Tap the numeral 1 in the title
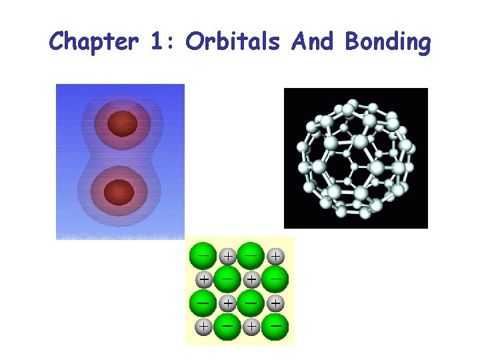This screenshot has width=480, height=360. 157,43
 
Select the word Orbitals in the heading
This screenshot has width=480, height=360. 233,41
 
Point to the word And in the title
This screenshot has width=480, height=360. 313,41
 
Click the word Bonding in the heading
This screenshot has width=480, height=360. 389,43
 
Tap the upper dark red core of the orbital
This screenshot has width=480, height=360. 123,123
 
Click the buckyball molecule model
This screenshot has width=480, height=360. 355,158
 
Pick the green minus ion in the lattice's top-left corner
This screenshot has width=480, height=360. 203,255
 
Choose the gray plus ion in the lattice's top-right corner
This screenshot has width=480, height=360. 275,255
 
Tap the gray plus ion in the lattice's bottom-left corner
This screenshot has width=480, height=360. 203,327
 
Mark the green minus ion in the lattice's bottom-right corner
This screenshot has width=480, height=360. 275,327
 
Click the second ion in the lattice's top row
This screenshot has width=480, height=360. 227,255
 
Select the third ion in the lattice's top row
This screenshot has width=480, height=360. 251,255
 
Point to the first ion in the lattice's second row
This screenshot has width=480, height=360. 203,279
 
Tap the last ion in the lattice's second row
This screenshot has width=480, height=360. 275,279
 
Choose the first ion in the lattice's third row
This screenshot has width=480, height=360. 203,303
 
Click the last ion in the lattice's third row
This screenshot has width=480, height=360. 275,303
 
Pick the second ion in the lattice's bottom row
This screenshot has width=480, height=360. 227,327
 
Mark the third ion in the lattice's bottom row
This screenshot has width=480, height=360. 251,327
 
